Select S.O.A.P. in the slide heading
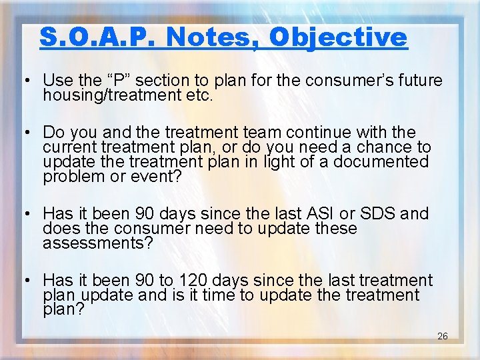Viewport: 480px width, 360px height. [x=99, y=37]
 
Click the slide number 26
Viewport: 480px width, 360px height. [x=442, y=336]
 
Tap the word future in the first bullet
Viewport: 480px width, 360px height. [x=415, y=81]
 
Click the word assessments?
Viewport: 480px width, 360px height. [x=98, y=243]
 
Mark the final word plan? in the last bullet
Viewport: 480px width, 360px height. [x=63, y=310]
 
